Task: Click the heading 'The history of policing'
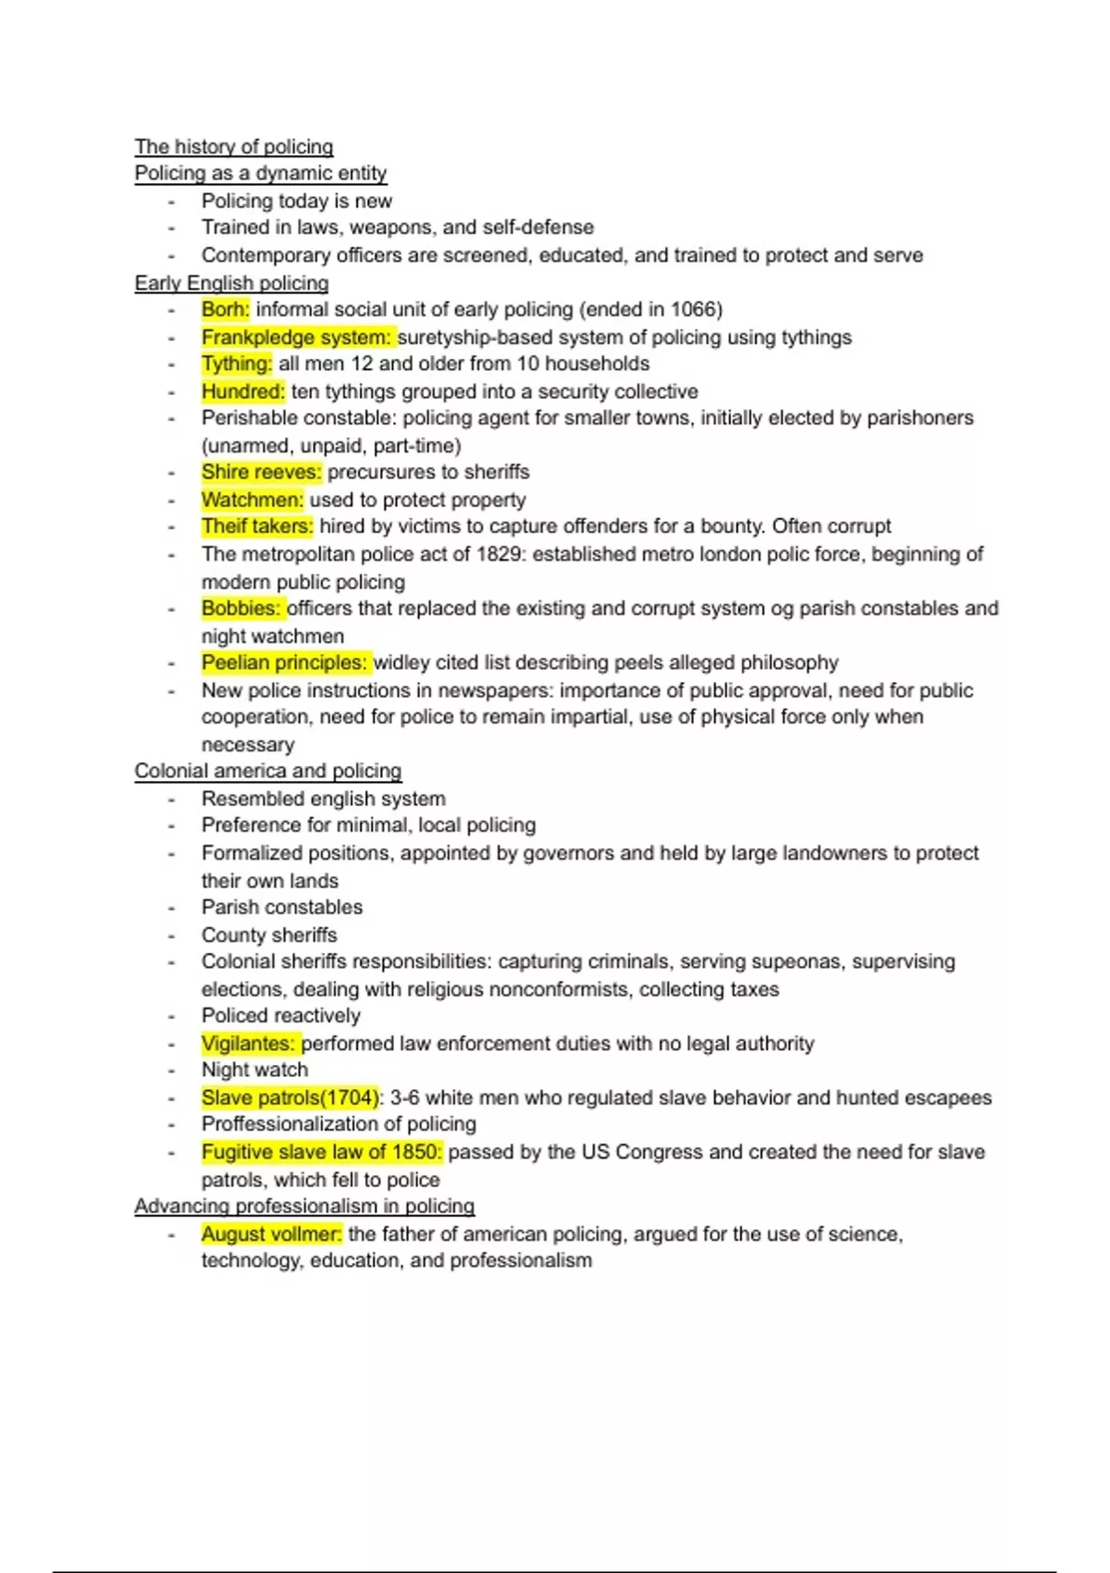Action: click(233, 146)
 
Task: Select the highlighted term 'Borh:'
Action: click(225, 309)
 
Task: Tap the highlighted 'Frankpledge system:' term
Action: click(296, 337)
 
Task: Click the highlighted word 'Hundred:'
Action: click(243, 391)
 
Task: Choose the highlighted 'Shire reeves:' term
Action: click(262, 472)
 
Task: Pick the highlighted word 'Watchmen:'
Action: click(252, 500)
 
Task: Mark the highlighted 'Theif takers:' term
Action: click(257, 526)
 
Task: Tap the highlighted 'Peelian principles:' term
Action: click(285, 663)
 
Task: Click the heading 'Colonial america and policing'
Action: click(267, 771)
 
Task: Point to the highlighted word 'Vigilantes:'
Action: click(248, 1044)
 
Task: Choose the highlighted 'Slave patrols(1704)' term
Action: click(290, 1097)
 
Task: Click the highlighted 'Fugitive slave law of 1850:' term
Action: click(322, 1152)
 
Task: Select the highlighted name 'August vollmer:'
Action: click(271, 1233)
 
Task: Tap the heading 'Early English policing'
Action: click(231, 283)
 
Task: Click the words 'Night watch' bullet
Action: click(254, 1070)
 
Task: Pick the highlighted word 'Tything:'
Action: click(237, 364)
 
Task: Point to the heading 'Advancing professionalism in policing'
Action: click(304, 1206)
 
